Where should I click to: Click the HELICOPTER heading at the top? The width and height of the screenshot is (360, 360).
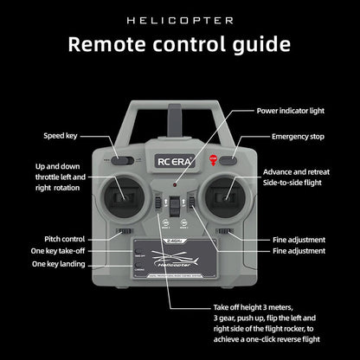[x=180, y=19]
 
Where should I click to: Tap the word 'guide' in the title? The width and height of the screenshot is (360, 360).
[x=260, y=44]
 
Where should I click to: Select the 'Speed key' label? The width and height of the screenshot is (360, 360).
[x=61, y=136]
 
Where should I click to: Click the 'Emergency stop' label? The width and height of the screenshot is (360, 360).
[x=298, y=137]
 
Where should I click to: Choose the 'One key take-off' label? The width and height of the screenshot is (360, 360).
[x=61, y=251]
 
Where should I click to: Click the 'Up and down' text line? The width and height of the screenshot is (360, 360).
[x=57, y=166]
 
